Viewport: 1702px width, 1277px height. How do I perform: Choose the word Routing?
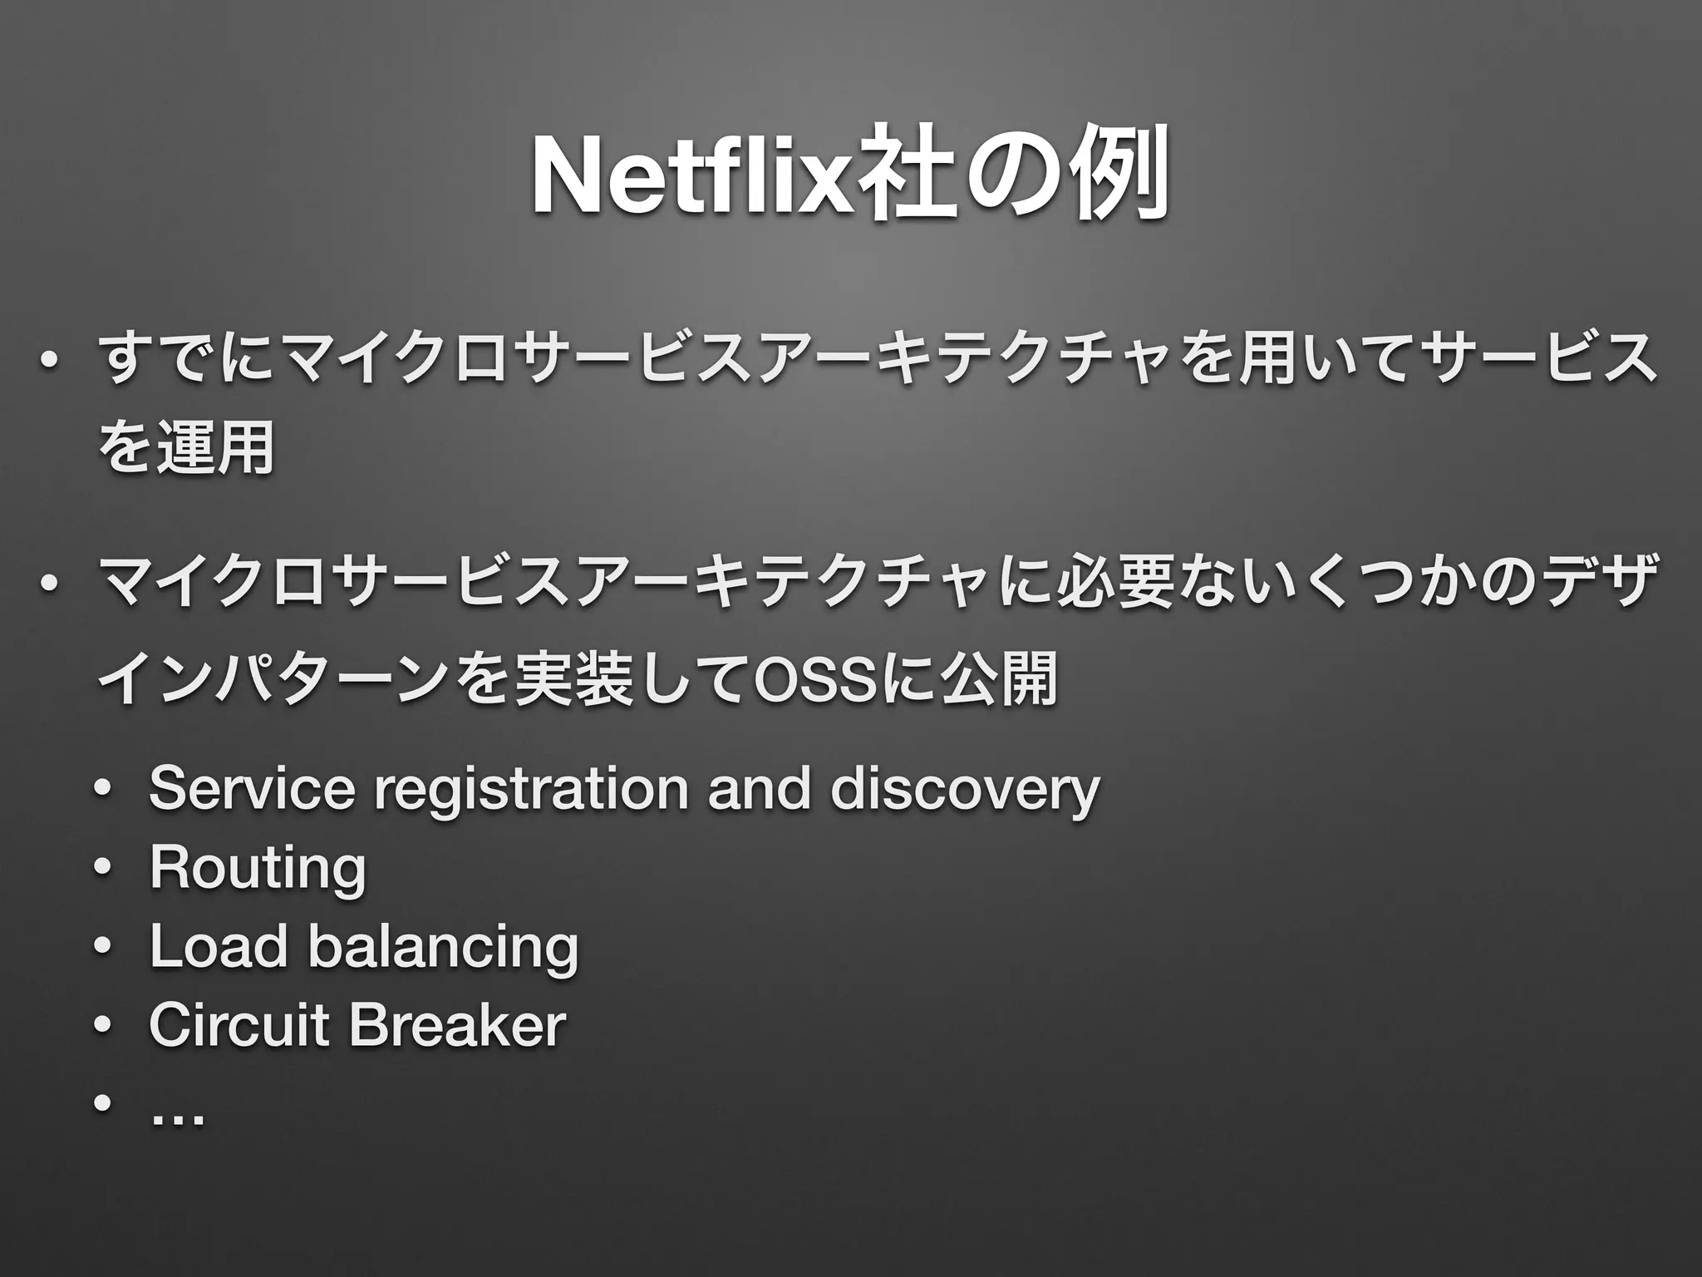click(x=258, y=870)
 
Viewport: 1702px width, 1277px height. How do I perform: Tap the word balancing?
click(x=442, y=948)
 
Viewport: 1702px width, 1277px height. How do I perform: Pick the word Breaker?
click(x=457, y=1024)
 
